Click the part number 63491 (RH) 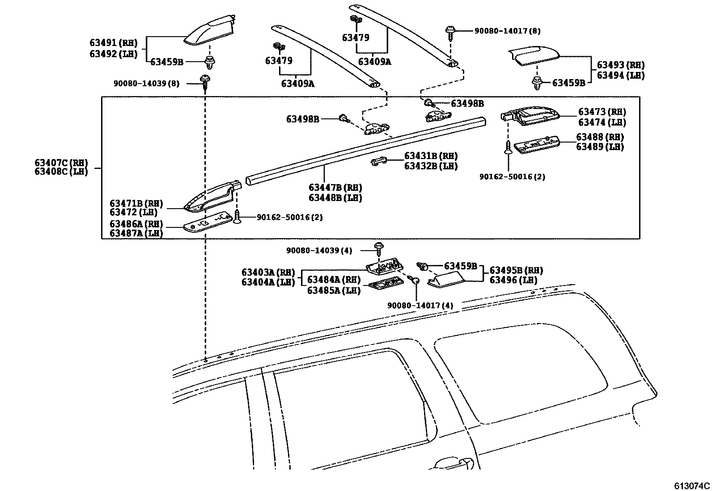[x=114, y=43]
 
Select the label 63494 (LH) [x=621, y=76]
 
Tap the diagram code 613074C [x=692, y=486]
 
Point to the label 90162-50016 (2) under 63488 [x=512, y=176]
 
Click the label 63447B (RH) [x=335, y=188]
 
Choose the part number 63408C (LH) [x=61, y=172]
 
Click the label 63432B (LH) [x=431, y=166]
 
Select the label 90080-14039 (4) [x=319, y=251]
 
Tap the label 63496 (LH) [x=513, y=281]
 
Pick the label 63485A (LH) [x=334, y=290]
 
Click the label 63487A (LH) [x=136, y=233]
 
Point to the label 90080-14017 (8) [x=507, y=31]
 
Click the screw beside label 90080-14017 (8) [x=450, y=33]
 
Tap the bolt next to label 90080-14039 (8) [x=205, y=82]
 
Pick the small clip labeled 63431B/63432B [x=378, y=161]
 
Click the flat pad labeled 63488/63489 [x=537, y=145]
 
